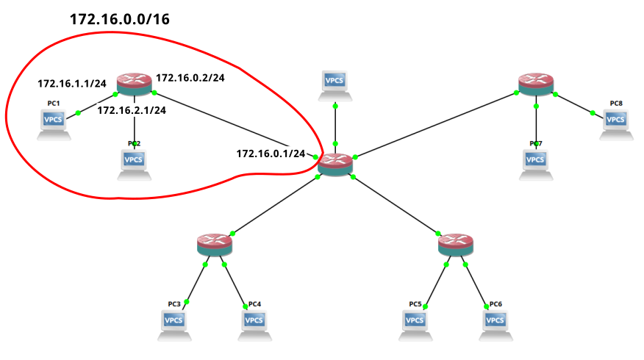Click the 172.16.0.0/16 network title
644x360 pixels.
(120, 20)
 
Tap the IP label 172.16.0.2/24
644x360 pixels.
(190, 76)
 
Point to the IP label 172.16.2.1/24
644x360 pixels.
(132, 110)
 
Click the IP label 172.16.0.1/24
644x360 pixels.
(270, 154)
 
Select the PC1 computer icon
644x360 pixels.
(53, 123)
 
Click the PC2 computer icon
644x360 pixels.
(134, 163)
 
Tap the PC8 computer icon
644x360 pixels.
(616, 123)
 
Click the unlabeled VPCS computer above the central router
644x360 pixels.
(335, 84)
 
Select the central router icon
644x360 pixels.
(336, 163)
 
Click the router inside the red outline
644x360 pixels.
(134, 83)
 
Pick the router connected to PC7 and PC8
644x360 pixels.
(536, 83)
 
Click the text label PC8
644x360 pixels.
(616, 104)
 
